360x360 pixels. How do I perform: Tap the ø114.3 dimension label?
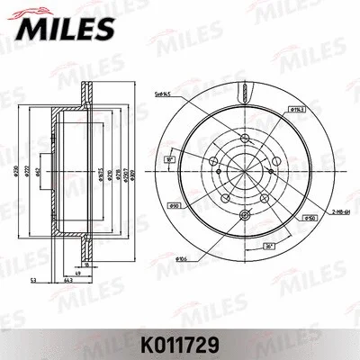tap(294, 108)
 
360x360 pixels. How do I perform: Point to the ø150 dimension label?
tap(307, 217)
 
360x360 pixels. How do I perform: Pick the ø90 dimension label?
tap(176, 206)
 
